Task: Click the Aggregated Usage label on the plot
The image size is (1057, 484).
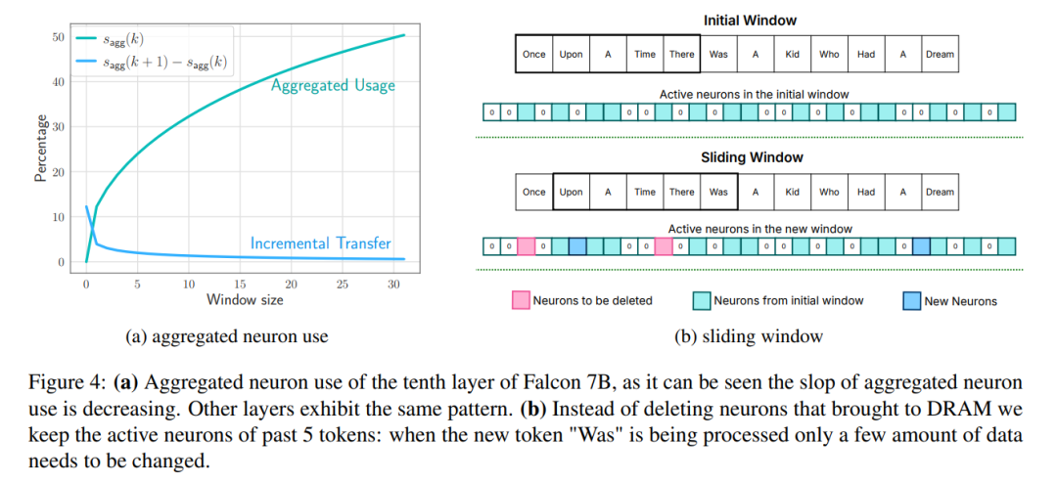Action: pos(333,86)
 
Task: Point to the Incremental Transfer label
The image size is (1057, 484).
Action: pos(320,242)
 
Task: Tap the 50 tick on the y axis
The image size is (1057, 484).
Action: pos(58,37)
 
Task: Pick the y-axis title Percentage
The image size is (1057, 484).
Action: pos(41,148)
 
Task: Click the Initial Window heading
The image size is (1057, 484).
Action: pos(736,21)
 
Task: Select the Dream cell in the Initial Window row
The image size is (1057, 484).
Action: pos(939,55)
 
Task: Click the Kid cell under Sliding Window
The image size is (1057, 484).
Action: pos(792,192)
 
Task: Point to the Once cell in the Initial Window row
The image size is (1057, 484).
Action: pos(534,55)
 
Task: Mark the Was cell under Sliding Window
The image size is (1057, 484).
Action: pos(718,192)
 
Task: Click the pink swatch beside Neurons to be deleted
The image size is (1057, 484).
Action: pos(521,300)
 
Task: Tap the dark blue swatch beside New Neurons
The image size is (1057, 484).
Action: pos(912,300)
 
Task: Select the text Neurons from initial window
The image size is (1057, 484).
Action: pos(788,301)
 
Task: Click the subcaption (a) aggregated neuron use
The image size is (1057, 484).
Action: pos(227,336)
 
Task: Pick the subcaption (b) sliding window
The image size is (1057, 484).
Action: pos(749,336)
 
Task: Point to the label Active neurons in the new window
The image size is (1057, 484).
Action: pos(759,229)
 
